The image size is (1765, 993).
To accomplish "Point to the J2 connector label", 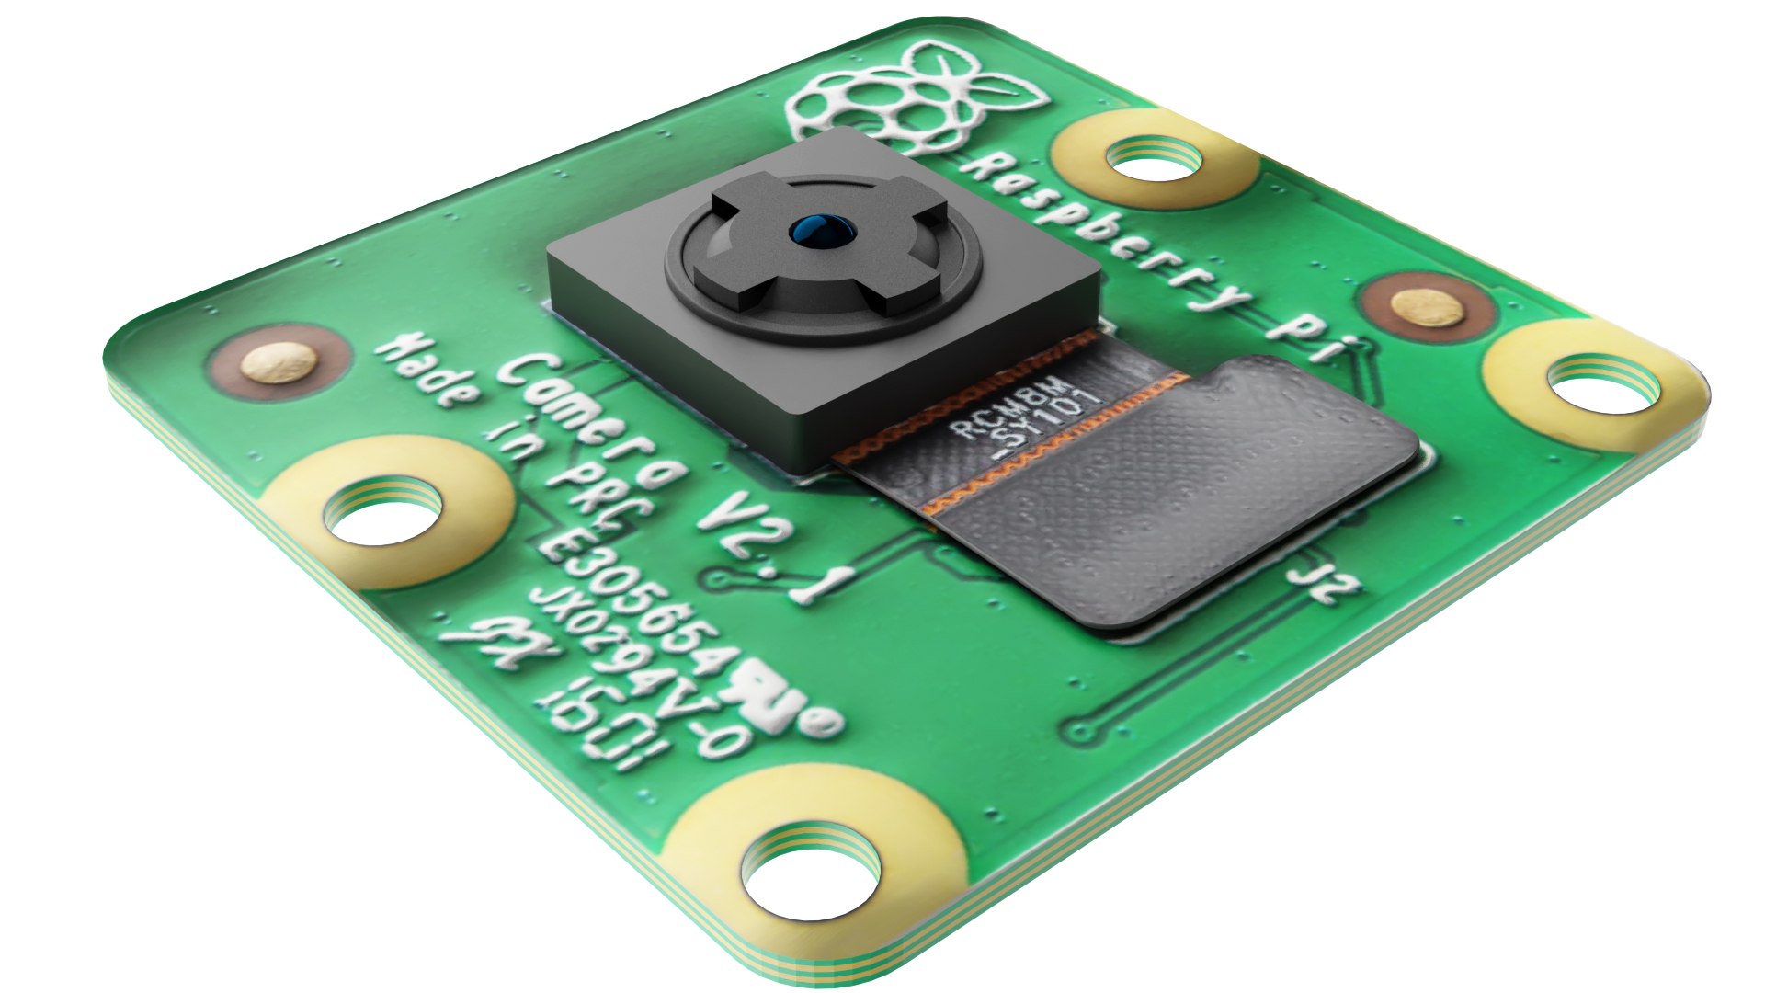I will click(x=1324, y=577).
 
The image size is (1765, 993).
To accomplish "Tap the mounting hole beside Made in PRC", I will click(x=384, y=515).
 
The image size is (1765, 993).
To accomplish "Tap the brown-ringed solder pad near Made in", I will click(x=279, y=363).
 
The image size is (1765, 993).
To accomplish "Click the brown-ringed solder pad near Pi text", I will click(x=1425, y=308).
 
